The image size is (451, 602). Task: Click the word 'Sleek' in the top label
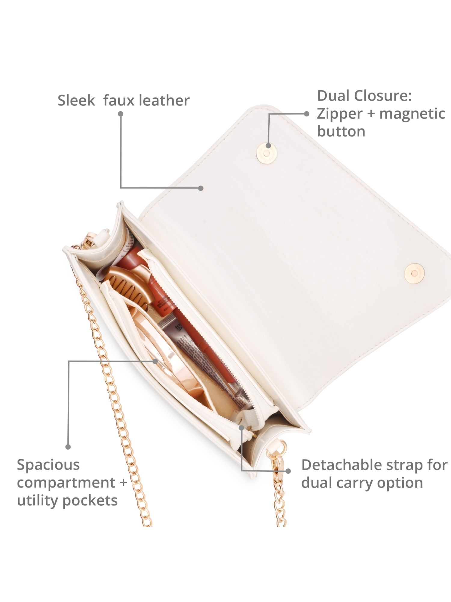76,100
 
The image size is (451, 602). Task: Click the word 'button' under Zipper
341,131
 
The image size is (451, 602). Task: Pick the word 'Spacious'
48,465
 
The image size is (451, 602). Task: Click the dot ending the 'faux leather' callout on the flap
201,188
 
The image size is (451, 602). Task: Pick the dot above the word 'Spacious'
68,447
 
